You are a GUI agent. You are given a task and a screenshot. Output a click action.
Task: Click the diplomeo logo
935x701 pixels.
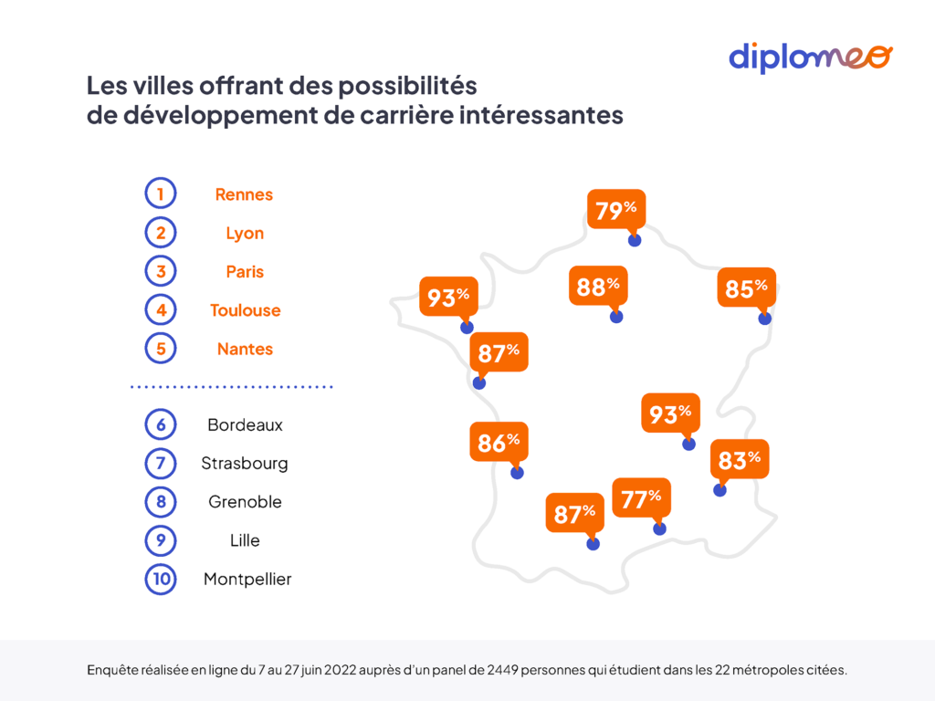[811, 58]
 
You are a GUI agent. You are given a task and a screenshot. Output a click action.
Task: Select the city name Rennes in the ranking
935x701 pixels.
[244, 194]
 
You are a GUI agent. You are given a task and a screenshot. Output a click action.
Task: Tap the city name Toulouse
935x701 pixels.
[245, 310]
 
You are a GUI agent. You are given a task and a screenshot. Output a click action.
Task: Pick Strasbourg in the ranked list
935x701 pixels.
[245, 463]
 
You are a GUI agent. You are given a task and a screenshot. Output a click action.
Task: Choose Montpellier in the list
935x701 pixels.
[247, 579]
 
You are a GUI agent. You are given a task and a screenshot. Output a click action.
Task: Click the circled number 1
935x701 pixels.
[161, 194]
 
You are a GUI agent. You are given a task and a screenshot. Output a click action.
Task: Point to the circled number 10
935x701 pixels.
[161, 579]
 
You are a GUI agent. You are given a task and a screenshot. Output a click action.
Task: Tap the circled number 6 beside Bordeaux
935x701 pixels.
[161, 424]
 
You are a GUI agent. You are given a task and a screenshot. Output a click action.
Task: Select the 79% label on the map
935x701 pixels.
[616, 209]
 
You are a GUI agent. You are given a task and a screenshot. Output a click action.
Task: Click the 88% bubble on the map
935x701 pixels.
[598, 286]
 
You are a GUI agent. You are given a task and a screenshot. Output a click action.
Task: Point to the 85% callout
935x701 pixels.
[747, 288]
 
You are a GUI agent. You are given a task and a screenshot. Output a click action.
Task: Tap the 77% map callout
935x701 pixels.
[642, 497]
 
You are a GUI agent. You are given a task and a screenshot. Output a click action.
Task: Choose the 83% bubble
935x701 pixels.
[740, 460]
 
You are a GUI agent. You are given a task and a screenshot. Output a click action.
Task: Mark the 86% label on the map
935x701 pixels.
[499, 442]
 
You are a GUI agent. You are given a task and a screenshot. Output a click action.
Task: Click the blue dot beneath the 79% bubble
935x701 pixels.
[635, 240]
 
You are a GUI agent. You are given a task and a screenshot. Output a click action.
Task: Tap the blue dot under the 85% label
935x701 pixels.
[764, 319]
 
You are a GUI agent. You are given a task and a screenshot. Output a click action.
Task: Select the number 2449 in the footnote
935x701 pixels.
[502, 670]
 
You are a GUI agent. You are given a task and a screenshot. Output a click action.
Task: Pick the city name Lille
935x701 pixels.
[245, 540]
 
